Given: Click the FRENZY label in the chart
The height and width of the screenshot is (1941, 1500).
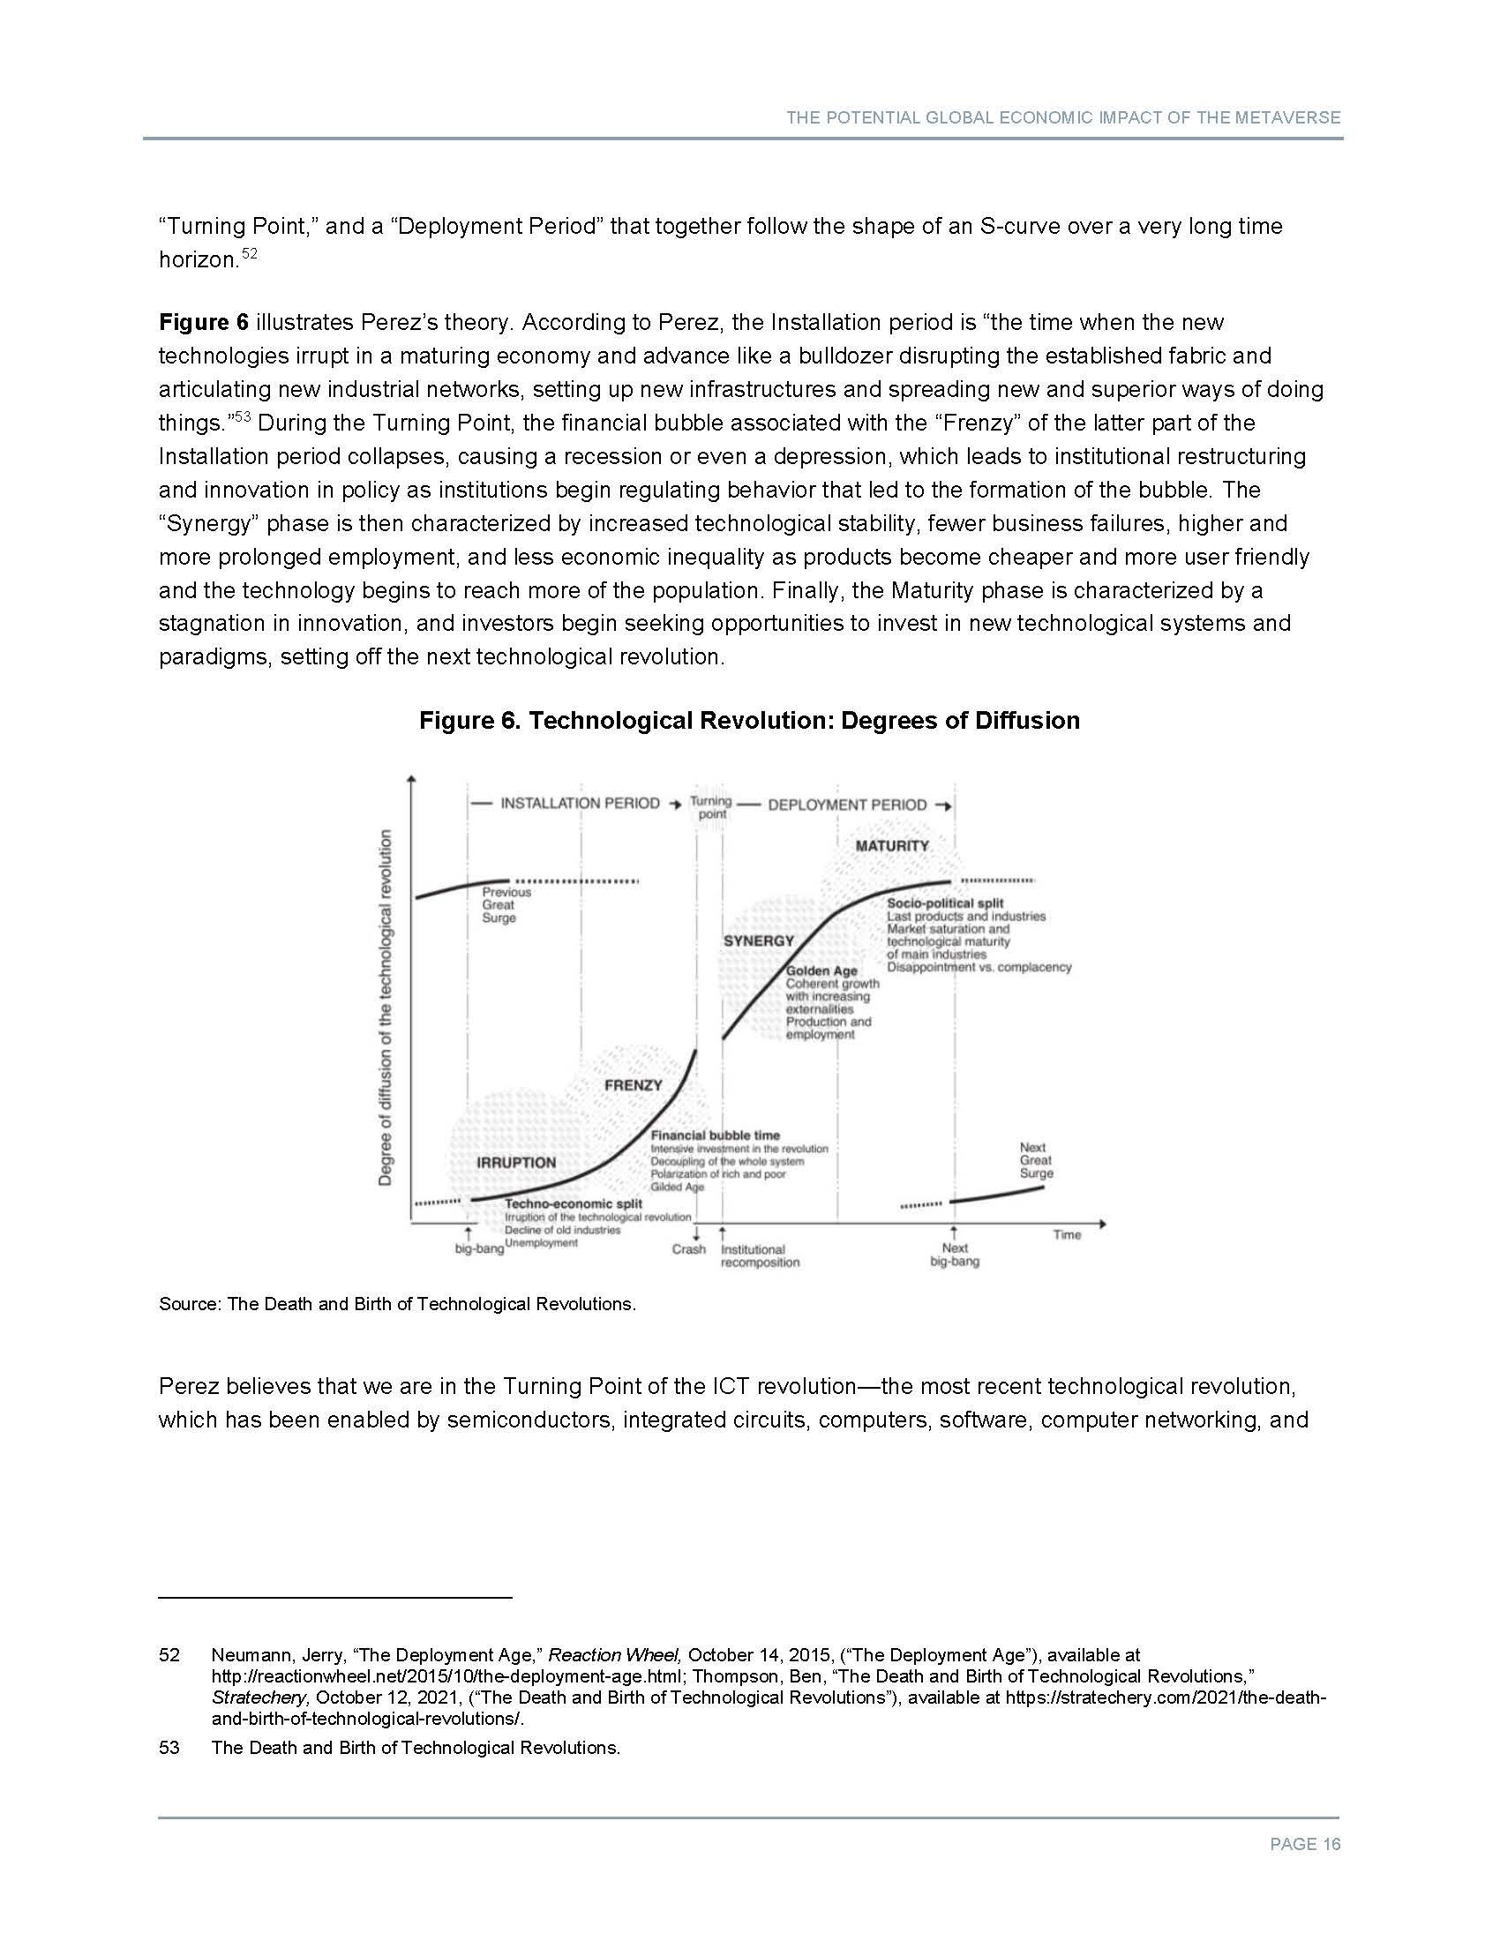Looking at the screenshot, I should pyautogui.click(x=633, y=1085).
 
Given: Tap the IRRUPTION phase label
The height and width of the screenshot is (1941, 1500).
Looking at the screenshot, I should pyautogui.click(x=515, y=1163).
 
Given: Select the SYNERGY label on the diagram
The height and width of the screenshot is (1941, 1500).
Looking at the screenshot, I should pyautogui.click(x=758, y=941).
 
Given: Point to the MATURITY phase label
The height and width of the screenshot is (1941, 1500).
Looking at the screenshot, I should pyautogui.click(x=891, y=845).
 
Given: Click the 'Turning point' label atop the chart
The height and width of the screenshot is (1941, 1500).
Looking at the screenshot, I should pyautogui.click(x=711, y=807).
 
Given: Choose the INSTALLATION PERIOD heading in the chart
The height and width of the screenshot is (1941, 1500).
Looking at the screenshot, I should pyautogui.click(x=580, y=804).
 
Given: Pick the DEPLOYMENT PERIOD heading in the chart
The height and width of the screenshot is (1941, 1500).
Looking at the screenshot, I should pyautogui.click(x=847, y=806).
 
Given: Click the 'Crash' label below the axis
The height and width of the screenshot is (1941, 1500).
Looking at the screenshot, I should pyautogui.click(x=689, y=1248).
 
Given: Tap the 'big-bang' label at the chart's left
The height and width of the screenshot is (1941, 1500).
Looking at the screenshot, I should pyautogui.click(x=479, y=1248).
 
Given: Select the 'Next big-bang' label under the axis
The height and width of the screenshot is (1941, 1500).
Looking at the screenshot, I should pyautogui.click(x=955, y=1255).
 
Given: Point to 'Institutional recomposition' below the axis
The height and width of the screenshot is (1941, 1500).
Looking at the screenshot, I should pyautogui.click(x=759, y=1255).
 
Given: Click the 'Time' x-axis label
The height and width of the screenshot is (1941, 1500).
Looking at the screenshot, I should pyautogui.click(x=1067, y=1234).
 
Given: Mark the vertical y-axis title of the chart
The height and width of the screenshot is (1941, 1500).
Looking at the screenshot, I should pyautogui.click(x=386, y=1007).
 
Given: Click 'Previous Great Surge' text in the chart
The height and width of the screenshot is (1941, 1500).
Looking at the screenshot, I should pyautogui.click(x=506, y=904).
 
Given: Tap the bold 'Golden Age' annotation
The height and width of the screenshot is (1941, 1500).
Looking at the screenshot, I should pyautogui.click(x=821, y=970).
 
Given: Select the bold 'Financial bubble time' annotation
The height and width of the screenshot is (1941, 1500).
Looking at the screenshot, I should pyautogui.click(x=715, y=1135).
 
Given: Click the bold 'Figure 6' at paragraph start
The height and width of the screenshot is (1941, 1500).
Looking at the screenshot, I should pyautogui.click(x=204, y=322).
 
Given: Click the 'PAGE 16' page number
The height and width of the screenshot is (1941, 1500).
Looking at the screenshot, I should pyautogui.click(x=1304, y=1844).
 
